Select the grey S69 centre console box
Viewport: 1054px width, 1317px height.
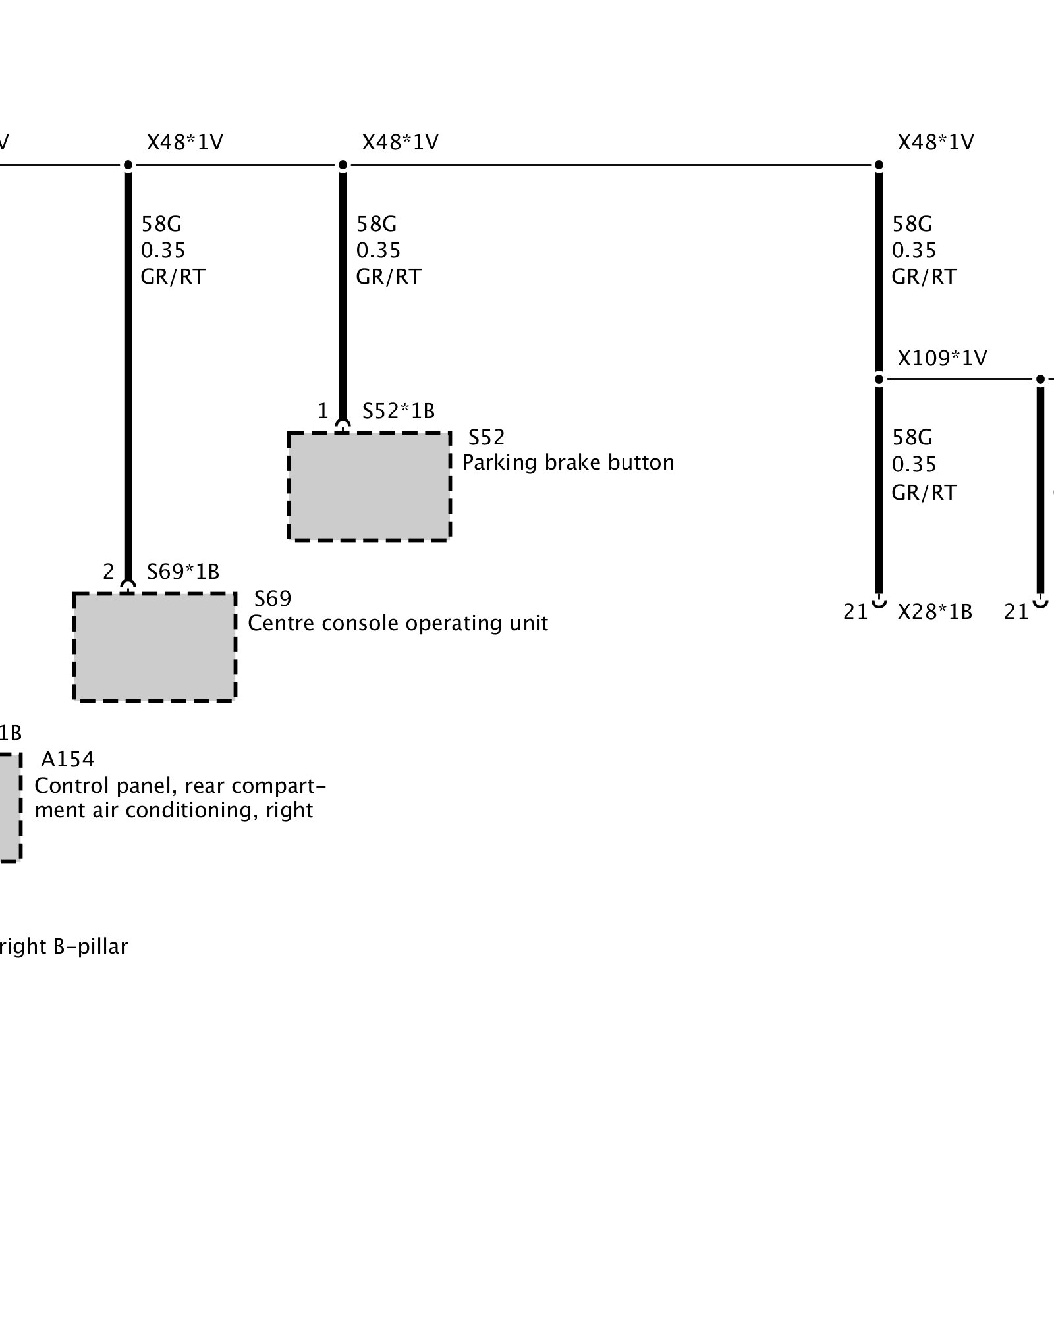tap(154, 647)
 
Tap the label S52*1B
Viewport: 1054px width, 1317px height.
tap(398, 411)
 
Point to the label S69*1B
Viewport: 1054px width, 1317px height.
tap(182, 572)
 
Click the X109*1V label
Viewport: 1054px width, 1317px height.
tap(942, 358)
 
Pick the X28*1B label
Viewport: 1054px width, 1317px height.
tap(934, 612)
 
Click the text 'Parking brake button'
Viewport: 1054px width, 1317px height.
tap(568, 462)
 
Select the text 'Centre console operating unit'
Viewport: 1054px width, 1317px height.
tap(397, 623)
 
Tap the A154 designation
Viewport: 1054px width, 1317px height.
tap(67, 759)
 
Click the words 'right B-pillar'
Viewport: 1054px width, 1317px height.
tap(63, 946)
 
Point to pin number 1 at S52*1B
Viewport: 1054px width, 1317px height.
tap(323, 411)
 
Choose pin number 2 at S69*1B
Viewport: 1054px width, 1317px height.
tap(109, 572)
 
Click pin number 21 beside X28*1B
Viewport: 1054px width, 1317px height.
tap(855, 612)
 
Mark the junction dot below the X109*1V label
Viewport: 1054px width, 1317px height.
tap(879, 379)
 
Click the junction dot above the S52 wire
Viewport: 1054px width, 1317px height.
tap(343, 165)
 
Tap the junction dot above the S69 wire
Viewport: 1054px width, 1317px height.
tap(128, 165)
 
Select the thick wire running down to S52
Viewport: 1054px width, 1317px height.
tap(343, 296)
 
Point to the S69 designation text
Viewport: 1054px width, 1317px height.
tap(272, 598)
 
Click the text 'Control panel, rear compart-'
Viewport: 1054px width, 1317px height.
tap(180, 786)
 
